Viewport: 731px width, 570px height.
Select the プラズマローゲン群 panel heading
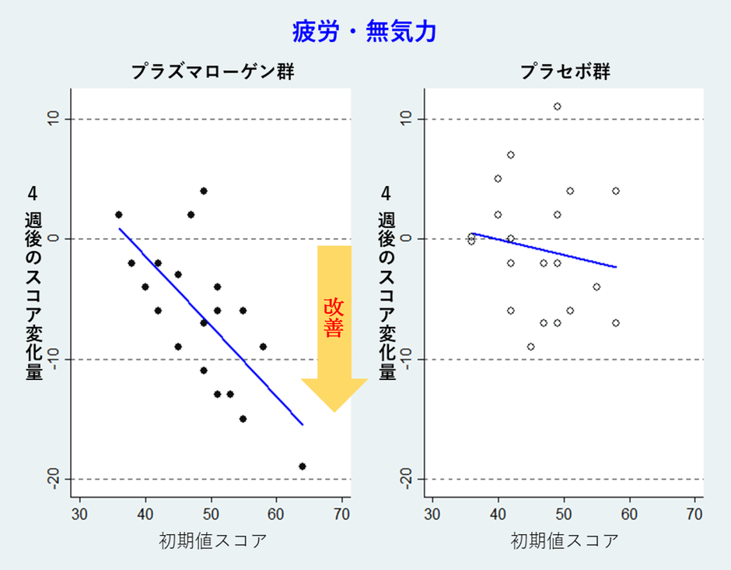pyautogui.click(x=212, y=72)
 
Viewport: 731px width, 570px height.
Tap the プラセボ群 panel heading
pyautogui.click(x=565, y=72)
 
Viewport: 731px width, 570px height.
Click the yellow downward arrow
pyautogui.click(x=334, y=327)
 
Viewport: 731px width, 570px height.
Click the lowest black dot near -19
pyautogui.click(x=302, y=466)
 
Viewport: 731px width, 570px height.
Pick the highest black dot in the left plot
pyautogui.click(x=204, y=191)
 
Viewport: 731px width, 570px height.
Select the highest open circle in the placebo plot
pyautogui.click(x=557, y=107)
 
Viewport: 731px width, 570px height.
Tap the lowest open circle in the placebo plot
pyautogui.click(x=530, y=347)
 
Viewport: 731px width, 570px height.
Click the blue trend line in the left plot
pyautogui.click(x=210, y=327)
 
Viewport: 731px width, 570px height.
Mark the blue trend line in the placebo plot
pyautogui.click(x=544, y=250)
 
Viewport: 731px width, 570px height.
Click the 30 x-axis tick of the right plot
pyautogui.click(x=432, y=514)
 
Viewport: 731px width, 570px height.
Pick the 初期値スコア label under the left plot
pyautogui.click(x=212, y=541)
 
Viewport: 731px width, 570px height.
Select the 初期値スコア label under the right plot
pyautogui.click(x=565, y=541)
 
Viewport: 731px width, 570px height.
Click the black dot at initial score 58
pyautogui.click(x=263, y=347)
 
